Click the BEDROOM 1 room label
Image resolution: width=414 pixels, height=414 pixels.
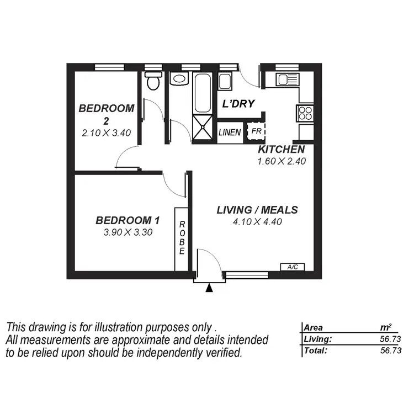(x=128, y=220)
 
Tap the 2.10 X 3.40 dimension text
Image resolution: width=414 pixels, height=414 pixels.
(x=107, y=132)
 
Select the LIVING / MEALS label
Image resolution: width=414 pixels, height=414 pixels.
(x=257, y=210)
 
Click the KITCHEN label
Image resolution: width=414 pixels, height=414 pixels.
(x=281, y=150)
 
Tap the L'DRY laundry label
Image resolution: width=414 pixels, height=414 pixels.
(x=238, y=104)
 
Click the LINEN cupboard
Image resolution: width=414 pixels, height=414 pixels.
(x=230, y=133)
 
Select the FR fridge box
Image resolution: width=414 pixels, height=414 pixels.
(x=256, y=132)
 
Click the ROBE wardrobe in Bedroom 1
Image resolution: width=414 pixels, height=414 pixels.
(x=182, y=239)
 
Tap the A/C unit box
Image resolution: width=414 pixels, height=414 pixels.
(x=293, y=267)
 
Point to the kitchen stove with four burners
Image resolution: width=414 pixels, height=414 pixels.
(x=305, y=113)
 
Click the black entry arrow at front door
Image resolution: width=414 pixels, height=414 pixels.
(x=209, y=288)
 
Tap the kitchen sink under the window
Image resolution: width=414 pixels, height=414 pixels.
(x=287, y=79)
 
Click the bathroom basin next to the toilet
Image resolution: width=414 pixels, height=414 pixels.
(x=179, y=78)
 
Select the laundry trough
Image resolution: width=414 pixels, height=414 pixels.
(x=225, y=81)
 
